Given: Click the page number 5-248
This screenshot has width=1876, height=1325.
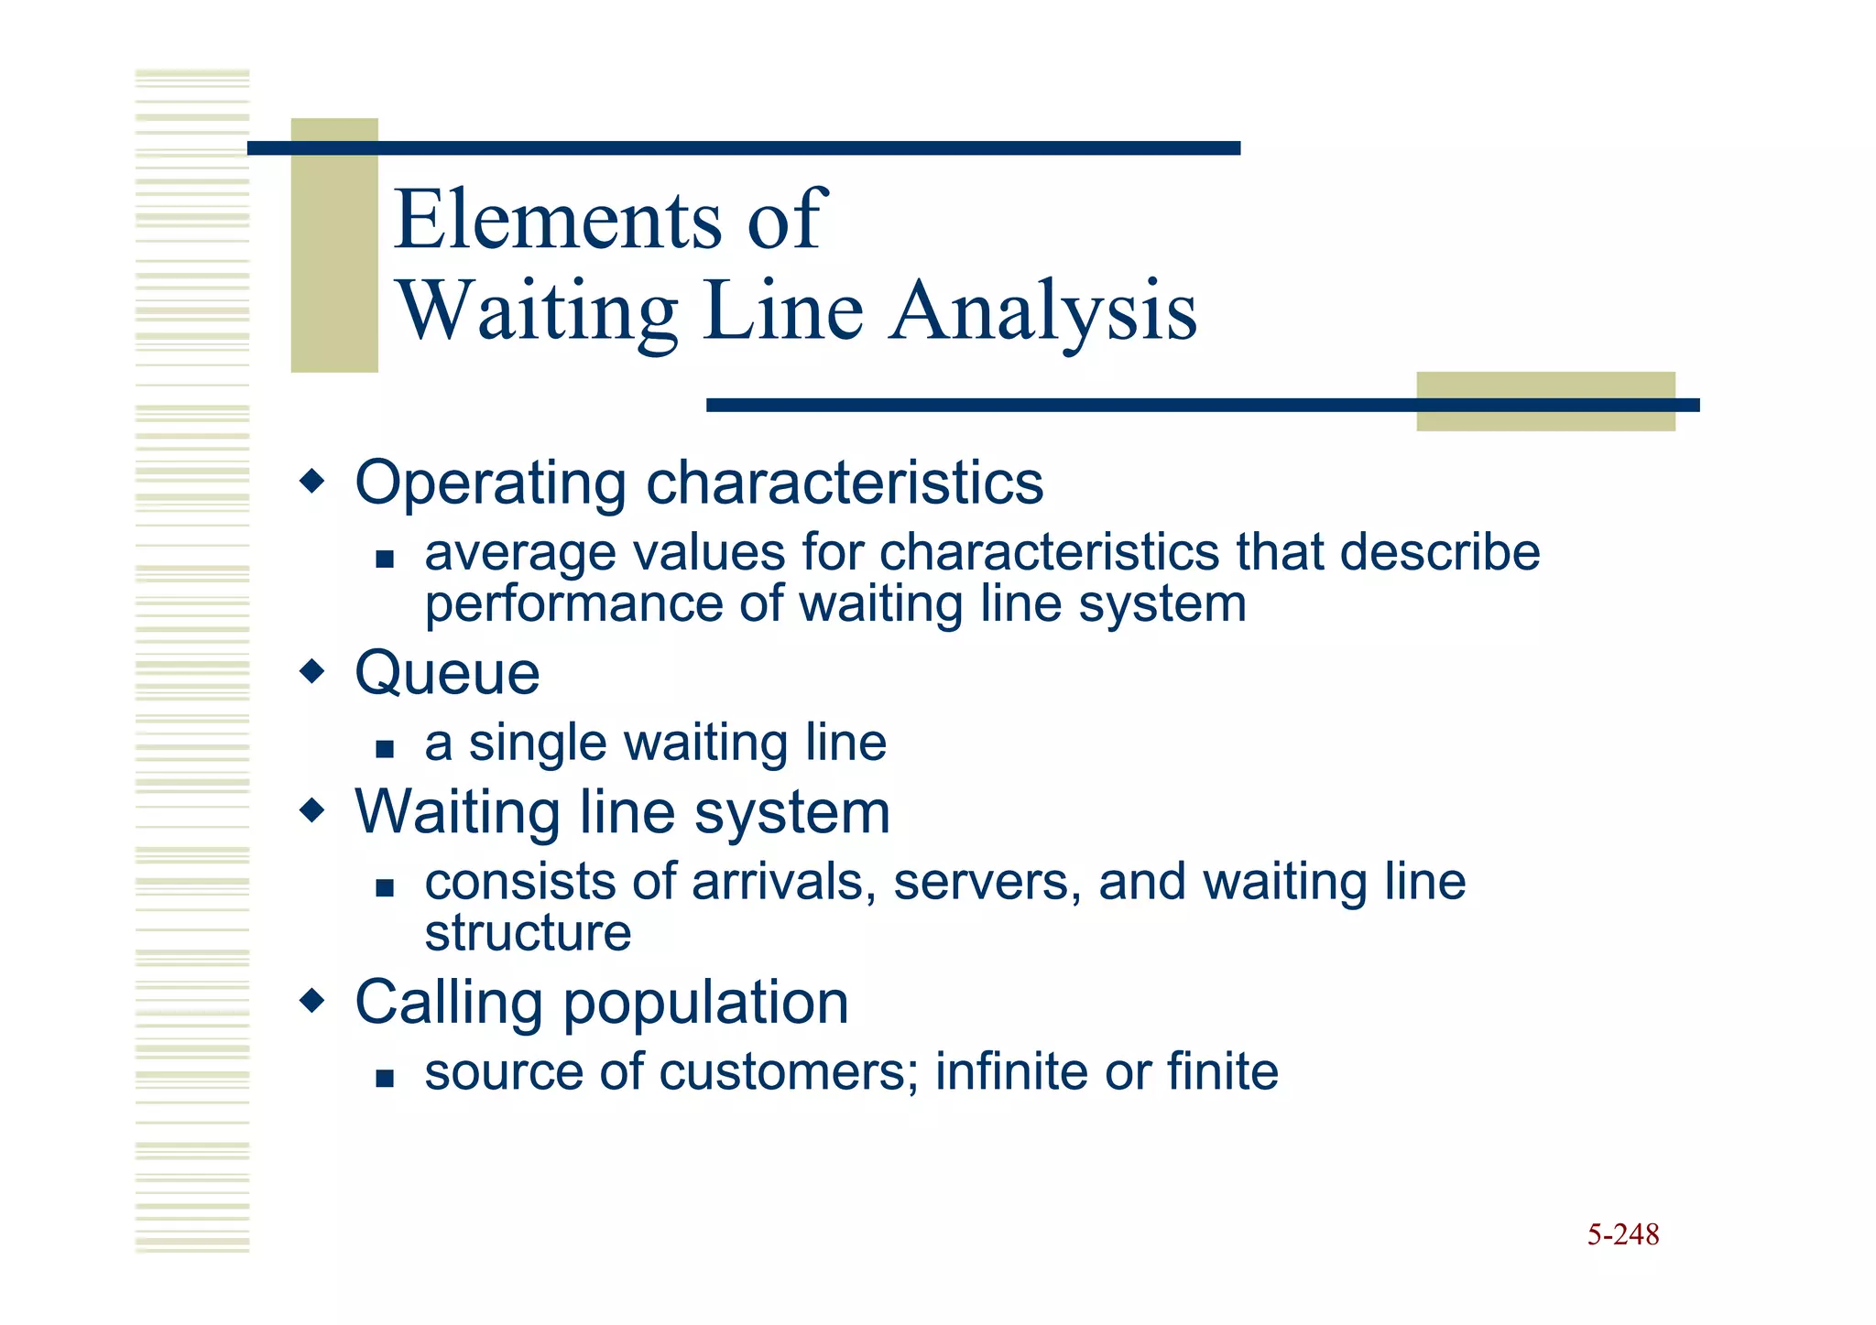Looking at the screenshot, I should click(1622, 1234).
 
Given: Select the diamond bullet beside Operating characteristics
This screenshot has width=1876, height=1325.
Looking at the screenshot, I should click(312, 481).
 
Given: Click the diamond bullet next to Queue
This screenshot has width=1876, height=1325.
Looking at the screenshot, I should click(312, 672).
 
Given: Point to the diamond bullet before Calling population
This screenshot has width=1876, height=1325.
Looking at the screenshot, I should click(312, 1001).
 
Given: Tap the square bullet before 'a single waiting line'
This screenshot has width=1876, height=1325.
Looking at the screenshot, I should click(385, 749).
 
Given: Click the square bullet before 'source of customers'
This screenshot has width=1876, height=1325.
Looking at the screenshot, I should click(385, 1078).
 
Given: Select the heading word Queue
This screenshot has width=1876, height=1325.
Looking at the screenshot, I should click(447, 674).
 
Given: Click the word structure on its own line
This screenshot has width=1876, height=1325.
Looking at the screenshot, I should click(528, 933).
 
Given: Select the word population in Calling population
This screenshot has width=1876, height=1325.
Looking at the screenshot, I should click(705, 1004).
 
